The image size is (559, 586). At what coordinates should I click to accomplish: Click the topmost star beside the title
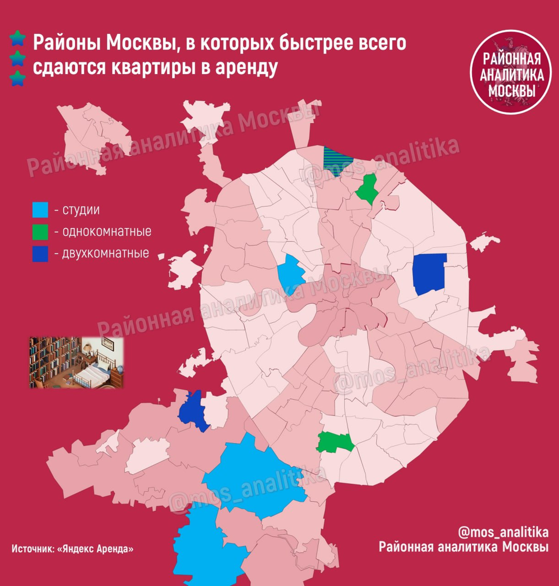tap(18, 38)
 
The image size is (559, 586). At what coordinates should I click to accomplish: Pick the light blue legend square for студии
tap(40, 210)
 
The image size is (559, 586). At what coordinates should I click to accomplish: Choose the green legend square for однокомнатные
tap(40, 231)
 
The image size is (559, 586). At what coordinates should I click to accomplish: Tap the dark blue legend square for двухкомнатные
tap(40, 254)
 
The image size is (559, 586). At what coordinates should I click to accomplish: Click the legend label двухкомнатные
tap(105, 254)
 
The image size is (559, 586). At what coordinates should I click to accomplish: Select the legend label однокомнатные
tap(106, 231)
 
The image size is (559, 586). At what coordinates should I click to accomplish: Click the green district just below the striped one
tap(367, 189)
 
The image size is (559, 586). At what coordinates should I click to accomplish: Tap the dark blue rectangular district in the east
tap(429, 273)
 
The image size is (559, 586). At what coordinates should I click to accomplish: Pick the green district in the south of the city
tap(335, 442)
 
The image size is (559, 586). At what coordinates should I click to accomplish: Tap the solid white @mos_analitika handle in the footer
tap(503, 531)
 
